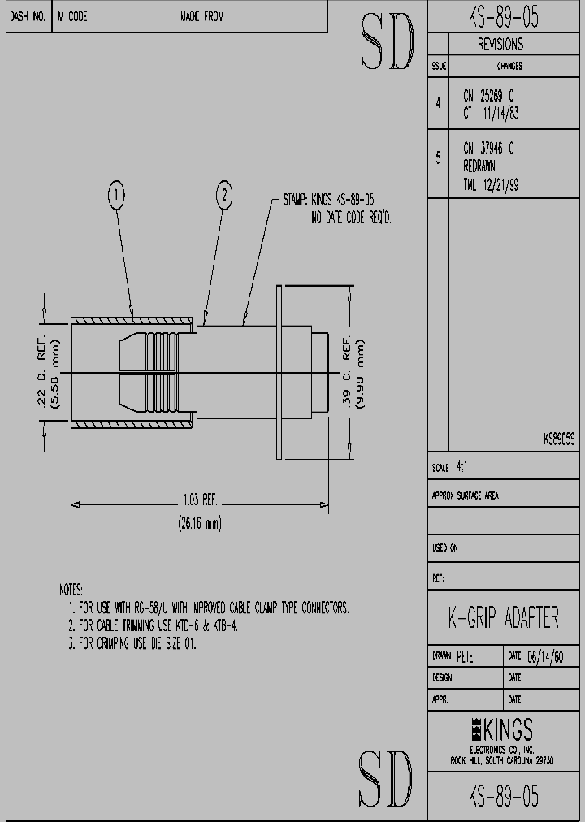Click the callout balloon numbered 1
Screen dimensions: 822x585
117,195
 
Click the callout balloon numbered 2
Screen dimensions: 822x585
225,195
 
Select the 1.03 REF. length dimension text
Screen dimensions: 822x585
198,500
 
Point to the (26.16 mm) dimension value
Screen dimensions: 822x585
199,524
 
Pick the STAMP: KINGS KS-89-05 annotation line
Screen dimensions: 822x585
328,200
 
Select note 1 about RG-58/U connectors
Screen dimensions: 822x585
209,608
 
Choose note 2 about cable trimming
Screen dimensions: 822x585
154,625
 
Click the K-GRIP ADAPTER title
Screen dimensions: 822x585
504,618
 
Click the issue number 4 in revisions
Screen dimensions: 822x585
438,102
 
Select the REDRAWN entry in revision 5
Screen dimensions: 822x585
479,167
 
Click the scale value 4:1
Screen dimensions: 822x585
462,468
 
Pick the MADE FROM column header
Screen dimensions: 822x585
202,16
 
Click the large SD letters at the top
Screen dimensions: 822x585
387,41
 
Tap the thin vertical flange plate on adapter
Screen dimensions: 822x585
279,373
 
